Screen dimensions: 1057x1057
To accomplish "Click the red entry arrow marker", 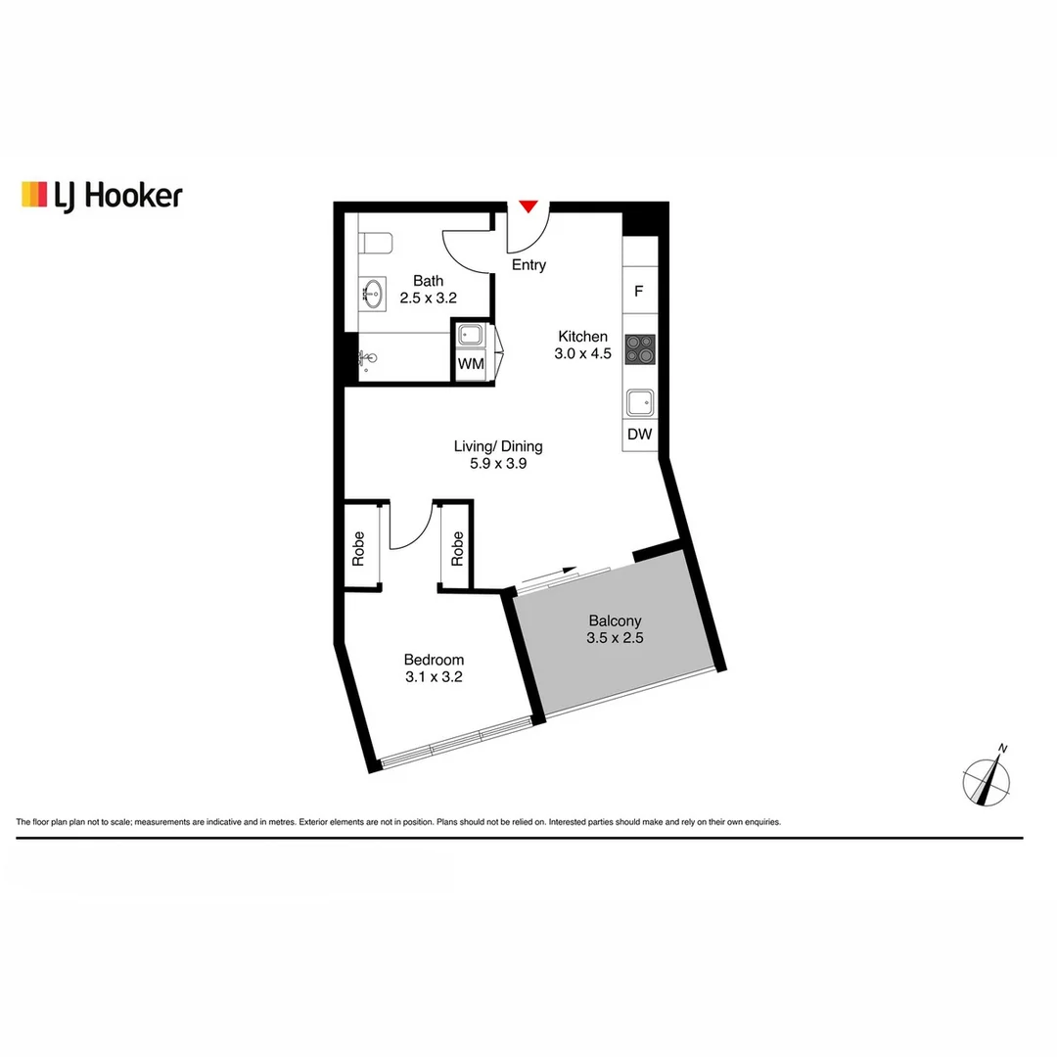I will [x=528, y=207].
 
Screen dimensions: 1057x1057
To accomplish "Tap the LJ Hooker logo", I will [x=102, y=195].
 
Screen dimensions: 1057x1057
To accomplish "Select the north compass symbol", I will [x=986, y=781].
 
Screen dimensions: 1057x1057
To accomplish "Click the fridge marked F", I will [x=639, y=291].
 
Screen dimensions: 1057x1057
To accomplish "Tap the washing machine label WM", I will [x=471, y=364].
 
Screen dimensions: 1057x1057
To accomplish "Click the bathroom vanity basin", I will [x=373, y=291].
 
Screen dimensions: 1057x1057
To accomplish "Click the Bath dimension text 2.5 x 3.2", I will [x=428, y=299].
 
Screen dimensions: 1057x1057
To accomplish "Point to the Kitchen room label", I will [x=582, y=336].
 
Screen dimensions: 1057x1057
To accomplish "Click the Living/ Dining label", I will [x=498, y=446].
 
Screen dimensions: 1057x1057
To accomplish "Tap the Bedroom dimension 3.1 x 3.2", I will [x=434, y=676].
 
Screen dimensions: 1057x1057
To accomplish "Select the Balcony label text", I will [x=615, y=620].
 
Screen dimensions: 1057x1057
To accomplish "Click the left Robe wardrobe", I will [x=359, y=547].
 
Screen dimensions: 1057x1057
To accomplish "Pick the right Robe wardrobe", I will [x=457, y=547].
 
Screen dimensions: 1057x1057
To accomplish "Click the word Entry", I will [x=528, y=265].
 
